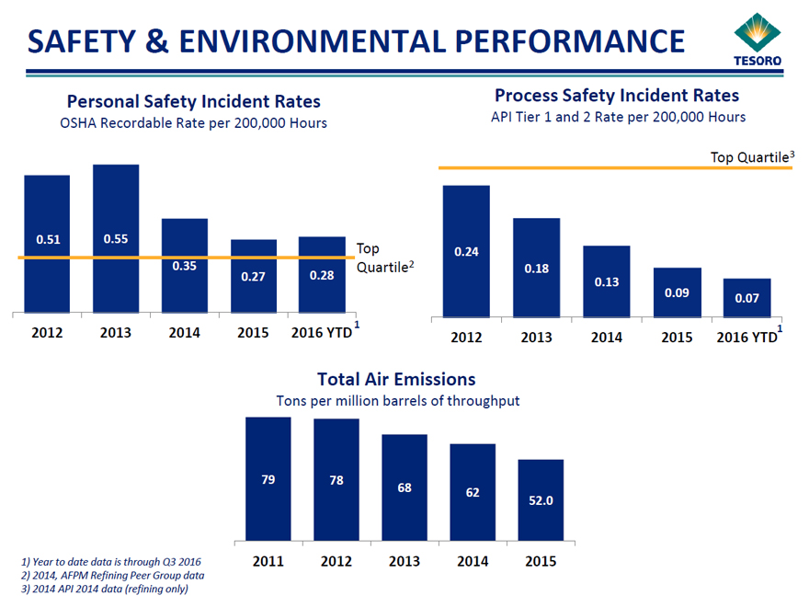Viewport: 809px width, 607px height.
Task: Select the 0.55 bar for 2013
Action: tap(116, 239)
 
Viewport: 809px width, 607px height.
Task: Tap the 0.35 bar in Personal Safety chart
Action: tap(184, 266)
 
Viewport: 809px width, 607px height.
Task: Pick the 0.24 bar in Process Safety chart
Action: tap(466, 251)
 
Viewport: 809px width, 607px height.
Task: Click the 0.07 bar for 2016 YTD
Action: tap(746, 298)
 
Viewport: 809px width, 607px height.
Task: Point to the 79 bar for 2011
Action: tap(268, 478)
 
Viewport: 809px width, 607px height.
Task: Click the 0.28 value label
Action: tap(322, 275)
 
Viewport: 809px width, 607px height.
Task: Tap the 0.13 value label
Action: tap(607, 282)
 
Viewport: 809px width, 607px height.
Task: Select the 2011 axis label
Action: tap(268, 561)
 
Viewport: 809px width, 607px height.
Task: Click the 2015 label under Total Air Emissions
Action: tap(541, 561)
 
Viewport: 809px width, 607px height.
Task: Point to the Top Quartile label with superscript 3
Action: tap(752, 157)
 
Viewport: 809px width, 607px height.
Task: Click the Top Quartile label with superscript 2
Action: tap(384, 257)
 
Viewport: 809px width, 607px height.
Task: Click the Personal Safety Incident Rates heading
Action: tap(194, 101)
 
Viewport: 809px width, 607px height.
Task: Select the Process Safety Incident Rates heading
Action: tap(617, 95)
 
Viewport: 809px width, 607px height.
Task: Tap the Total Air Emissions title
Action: tap(396, 379)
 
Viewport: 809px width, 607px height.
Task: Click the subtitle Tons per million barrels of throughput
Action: tap(397, 401)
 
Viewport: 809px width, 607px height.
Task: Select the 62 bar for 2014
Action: tap(473, 492)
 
